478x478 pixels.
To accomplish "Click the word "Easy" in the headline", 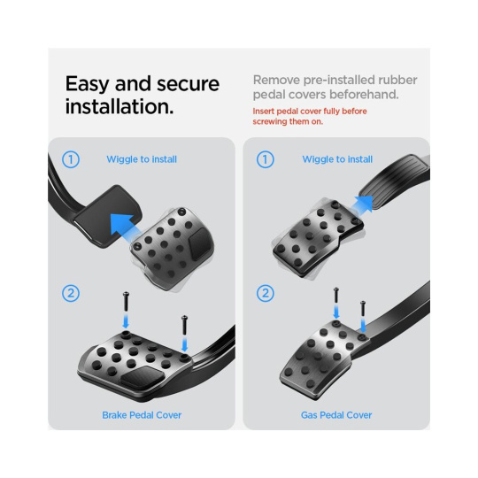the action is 87,84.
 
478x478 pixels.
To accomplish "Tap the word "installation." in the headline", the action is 119,107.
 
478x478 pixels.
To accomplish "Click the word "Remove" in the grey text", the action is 273,80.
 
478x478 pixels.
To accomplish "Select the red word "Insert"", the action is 264,111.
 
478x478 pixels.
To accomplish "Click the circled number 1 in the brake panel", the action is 71,159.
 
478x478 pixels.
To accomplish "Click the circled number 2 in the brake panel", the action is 71,293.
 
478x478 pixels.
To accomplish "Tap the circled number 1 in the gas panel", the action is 266,159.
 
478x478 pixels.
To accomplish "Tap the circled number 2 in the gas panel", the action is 266,293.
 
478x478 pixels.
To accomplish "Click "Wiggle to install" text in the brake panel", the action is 142,159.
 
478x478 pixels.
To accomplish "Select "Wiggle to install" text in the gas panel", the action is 337,159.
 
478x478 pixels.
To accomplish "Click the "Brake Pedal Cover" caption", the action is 142,415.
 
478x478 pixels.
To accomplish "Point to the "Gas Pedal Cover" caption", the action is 336,415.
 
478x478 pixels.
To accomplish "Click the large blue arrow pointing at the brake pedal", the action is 123,226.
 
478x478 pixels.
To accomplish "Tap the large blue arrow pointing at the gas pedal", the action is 362,204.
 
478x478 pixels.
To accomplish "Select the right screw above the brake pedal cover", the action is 184,325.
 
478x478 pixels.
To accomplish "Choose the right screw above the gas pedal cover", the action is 363,308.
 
